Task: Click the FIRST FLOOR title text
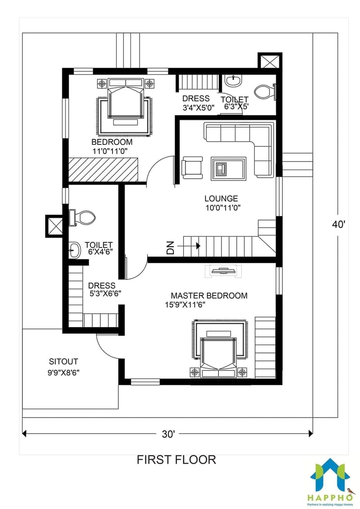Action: tap(176, 459)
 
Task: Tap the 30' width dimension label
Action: tap(168, 434)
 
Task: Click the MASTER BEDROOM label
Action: tap(209, 296)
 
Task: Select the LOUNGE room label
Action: tap(221, 198)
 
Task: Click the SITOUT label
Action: tap(63, 361)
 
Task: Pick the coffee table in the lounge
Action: tap(229, 168)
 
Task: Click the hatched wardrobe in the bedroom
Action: tap(103, 170)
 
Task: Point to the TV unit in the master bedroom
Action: tap(224, 270)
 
